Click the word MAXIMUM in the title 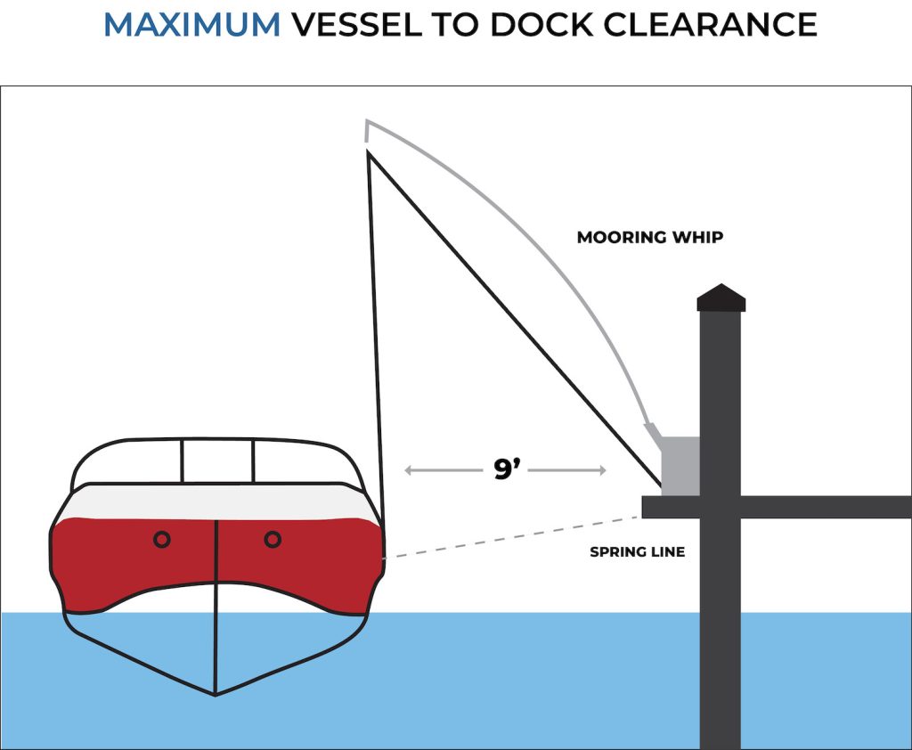click(191, 25)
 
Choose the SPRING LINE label click(637, 552)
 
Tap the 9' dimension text click(507, 470)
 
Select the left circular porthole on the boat click(161, 539)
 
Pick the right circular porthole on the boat click(273, 539)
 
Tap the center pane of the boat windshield click(218, 461)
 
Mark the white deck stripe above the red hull click(214, 502)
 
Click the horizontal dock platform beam click(802, 507)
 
